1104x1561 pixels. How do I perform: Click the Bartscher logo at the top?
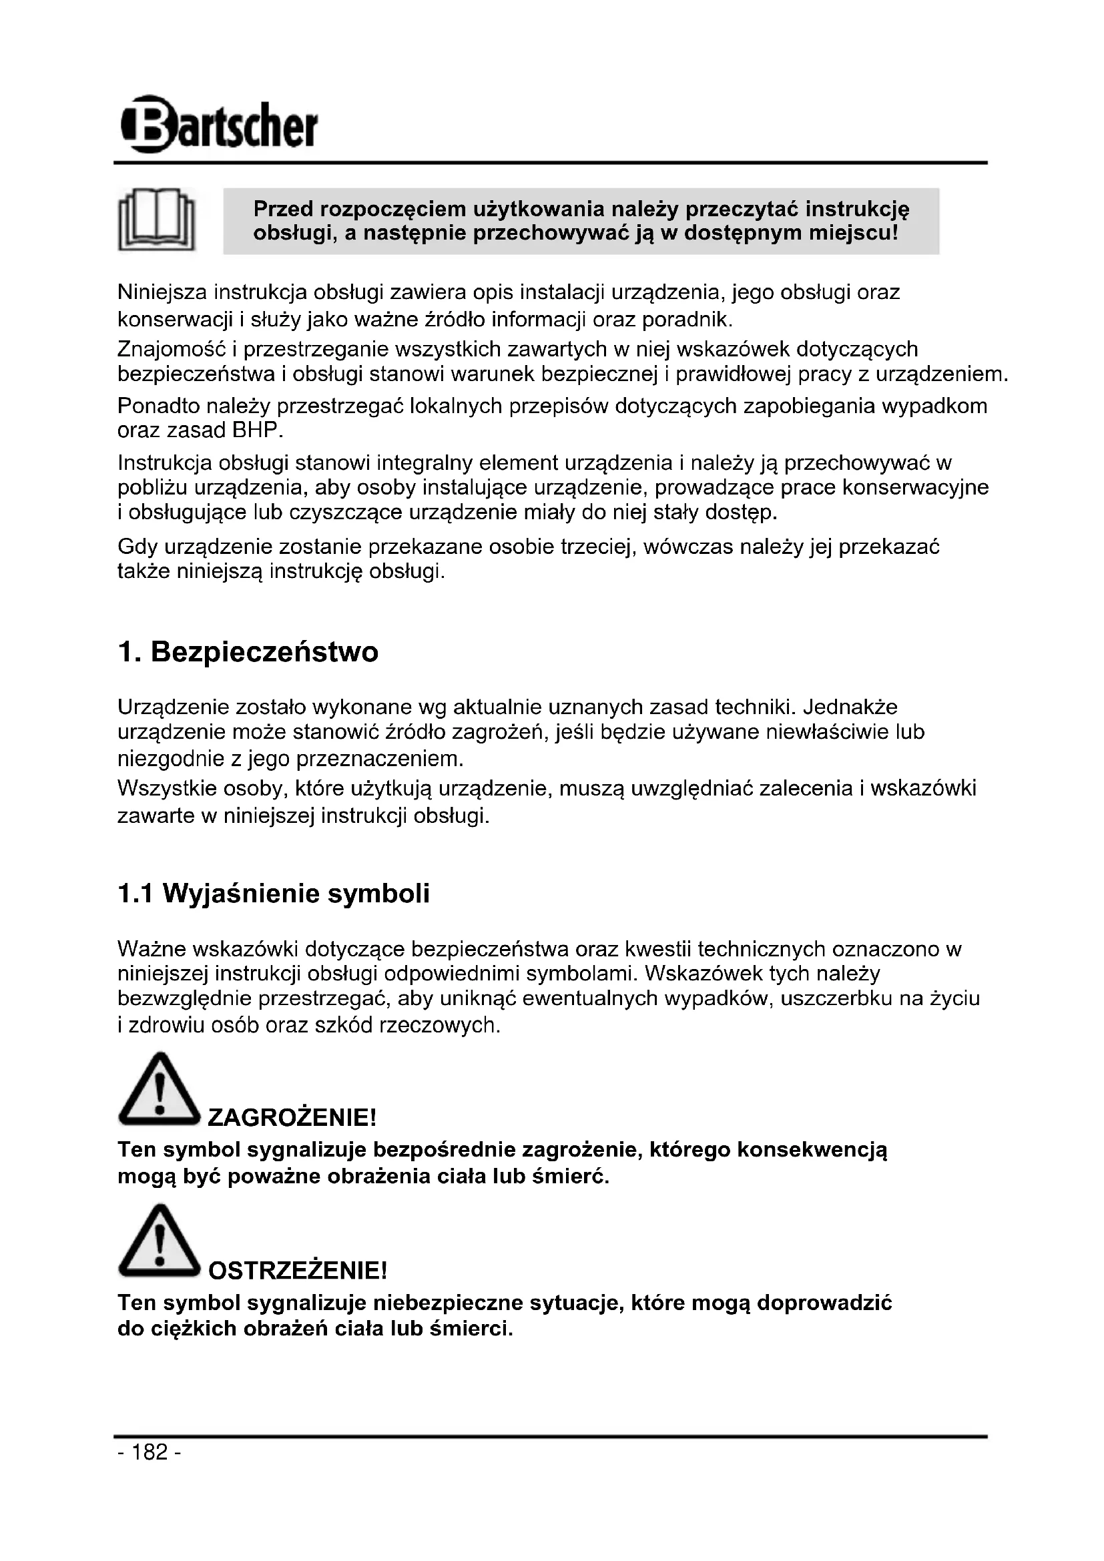pos(218,125)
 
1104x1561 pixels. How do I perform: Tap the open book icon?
pos(157,220)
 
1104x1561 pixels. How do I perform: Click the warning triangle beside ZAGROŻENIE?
pos(158,1090)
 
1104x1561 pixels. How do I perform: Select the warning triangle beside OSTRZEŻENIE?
pos(158,1242)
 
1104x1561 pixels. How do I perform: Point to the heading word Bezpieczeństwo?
pos(264,652)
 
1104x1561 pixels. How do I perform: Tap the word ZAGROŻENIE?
pos(292,1117)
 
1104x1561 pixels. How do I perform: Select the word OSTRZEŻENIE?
pos(297,1269)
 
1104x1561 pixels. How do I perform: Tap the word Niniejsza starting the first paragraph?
pos(162,292)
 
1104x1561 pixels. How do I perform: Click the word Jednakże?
pos(850,707)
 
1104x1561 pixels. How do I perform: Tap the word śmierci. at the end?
pos(471,1328)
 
